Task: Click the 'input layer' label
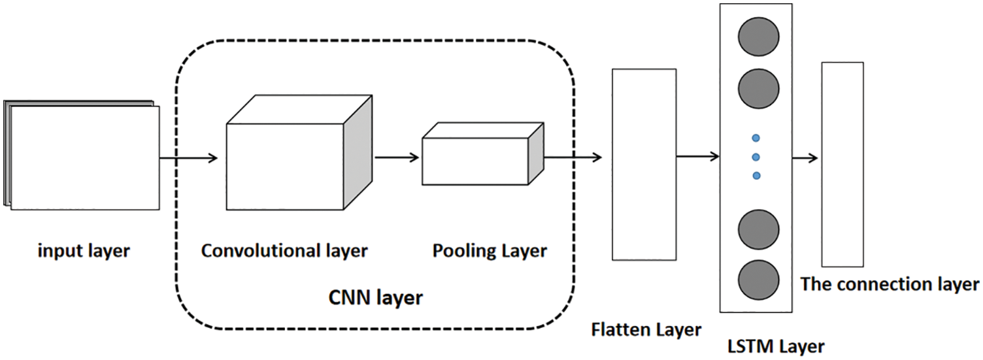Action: (x=84, y=251)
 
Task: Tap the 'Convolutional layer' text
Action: (x=284, y=251)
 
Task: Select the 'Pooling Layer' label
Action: (x=490, y=251)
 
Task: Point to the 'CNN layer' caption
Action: (x=375, y=299)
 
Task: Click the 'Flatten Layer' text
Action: (x=646, y=329)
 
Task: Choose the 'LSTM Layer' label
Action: (x=775, y=346)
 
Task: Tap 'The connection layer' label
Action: (x=890, y=284)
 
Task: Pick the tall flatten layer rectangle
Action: (x=644, y=164)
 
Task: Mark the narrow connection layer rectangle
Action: (x=842, y=164)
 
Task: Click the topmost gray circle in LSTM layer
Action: (x=758, y=37)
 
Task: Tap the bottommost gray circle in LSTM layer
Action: (x=758, y=278)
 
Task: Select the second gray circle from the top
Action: (x=758, y=86)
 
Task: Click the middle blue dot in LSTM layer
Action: (x=756, y=157)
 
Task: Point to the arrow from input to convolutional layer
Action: (x=188, y=157)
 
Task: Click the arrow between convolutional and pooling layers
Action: (x=397, y=157)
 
